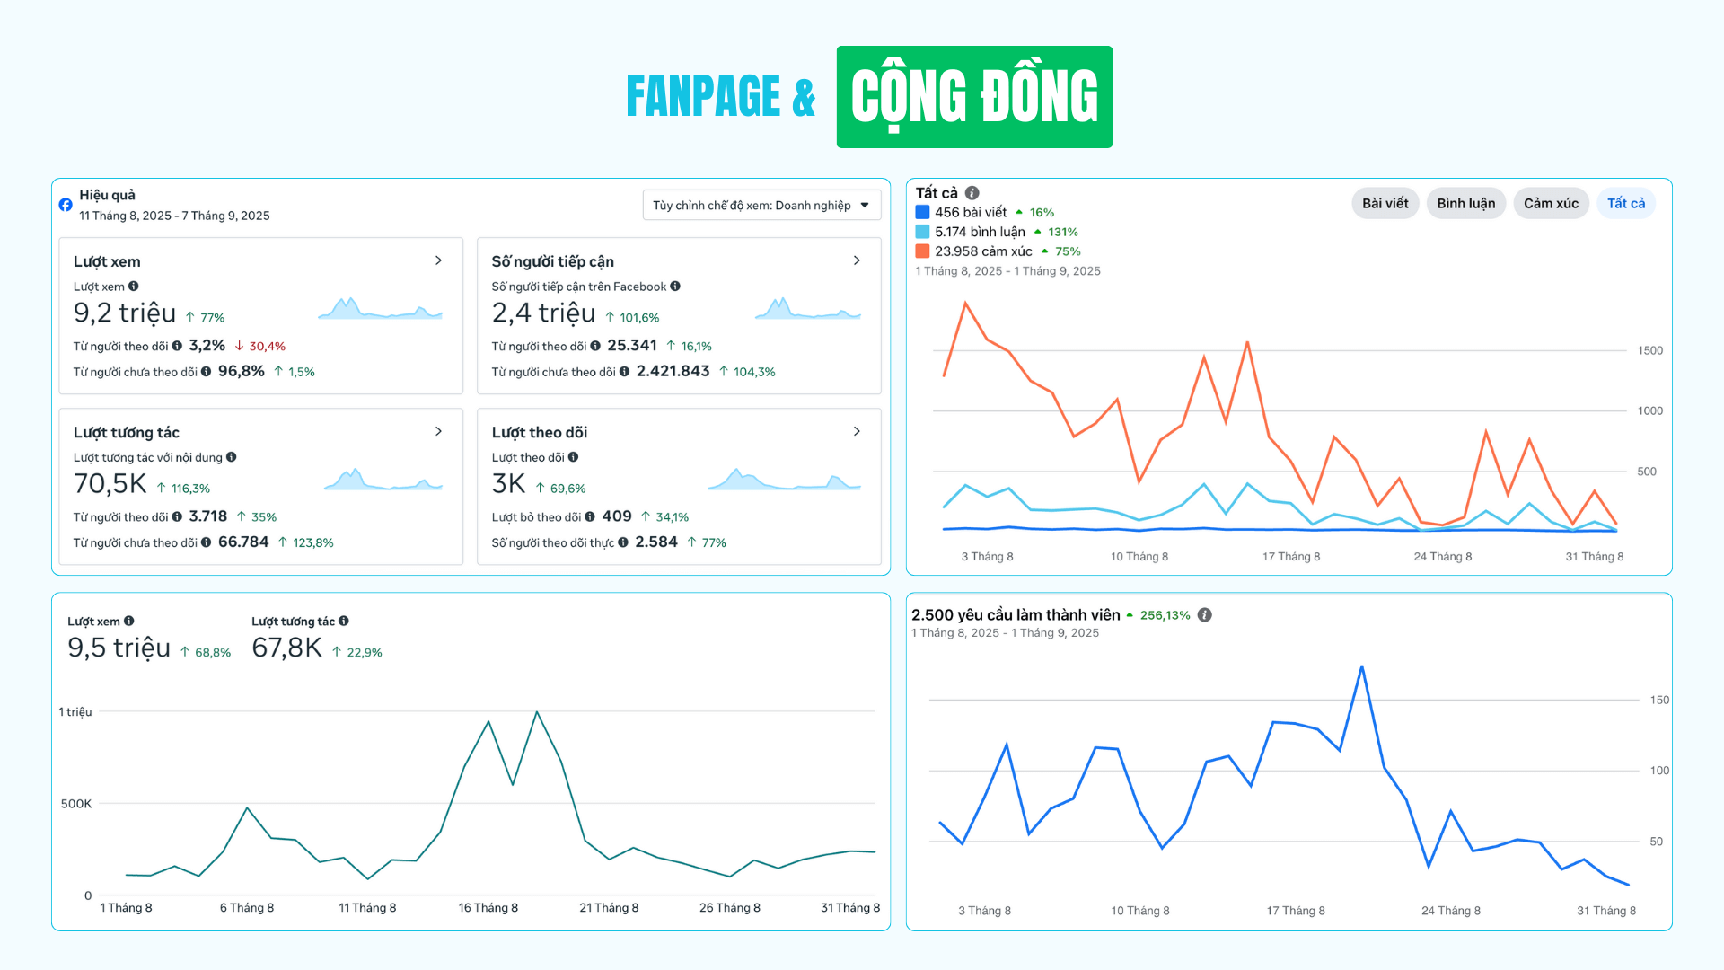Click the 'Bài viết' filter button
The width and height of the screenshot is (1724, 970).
coord(1385,203)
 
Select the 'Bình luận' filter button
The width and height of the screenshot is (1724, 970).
coord(1465,203)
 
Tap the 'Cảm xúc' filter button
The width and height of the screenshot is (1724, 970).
coord(1551,203)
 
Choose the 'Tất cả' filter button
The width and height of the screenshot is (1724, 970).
coord(1625,203)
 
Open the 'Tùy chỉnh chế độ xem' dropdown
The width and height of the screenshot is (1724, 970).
coord(761,206)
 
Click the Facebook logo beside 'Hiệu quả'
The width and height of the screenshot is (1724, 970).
coord(66,205)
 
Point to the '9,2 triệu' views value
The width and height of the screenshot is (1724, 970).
coord(125,313)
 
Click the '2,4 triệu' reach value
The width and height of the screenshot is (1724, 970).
coord(543,313)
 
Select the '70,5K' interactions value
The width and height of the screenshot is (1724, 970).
coord(110,484)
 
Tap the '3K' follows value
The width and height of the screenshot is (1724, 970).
coord(508,484)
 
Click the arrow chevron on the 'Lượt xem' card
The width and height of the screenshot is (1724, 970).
coord(438,260)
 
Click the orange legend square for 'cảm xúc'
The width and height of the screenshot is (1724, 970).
coord(922,251)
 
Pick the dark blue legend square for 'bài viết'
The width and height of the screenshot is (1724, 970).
coord(922,213)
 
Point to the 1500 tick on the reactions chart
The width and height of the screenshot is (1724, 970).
coord(1649,350)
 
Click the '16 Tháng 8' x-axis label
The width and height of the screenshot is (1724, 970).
coord(488,908)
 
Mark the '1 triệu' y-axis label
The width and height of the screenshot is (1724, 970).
coord(75,712)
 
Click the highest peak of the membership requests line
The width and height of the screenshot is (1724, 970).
coord(1361,666)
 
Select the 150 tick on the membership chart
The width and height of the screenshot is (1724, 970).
coord(1659,700)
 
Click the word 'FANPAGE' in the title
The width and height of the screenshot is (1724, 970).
coord(703,97)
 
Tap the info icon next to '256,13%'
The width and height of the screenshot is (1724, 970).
coord(1205,615)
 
